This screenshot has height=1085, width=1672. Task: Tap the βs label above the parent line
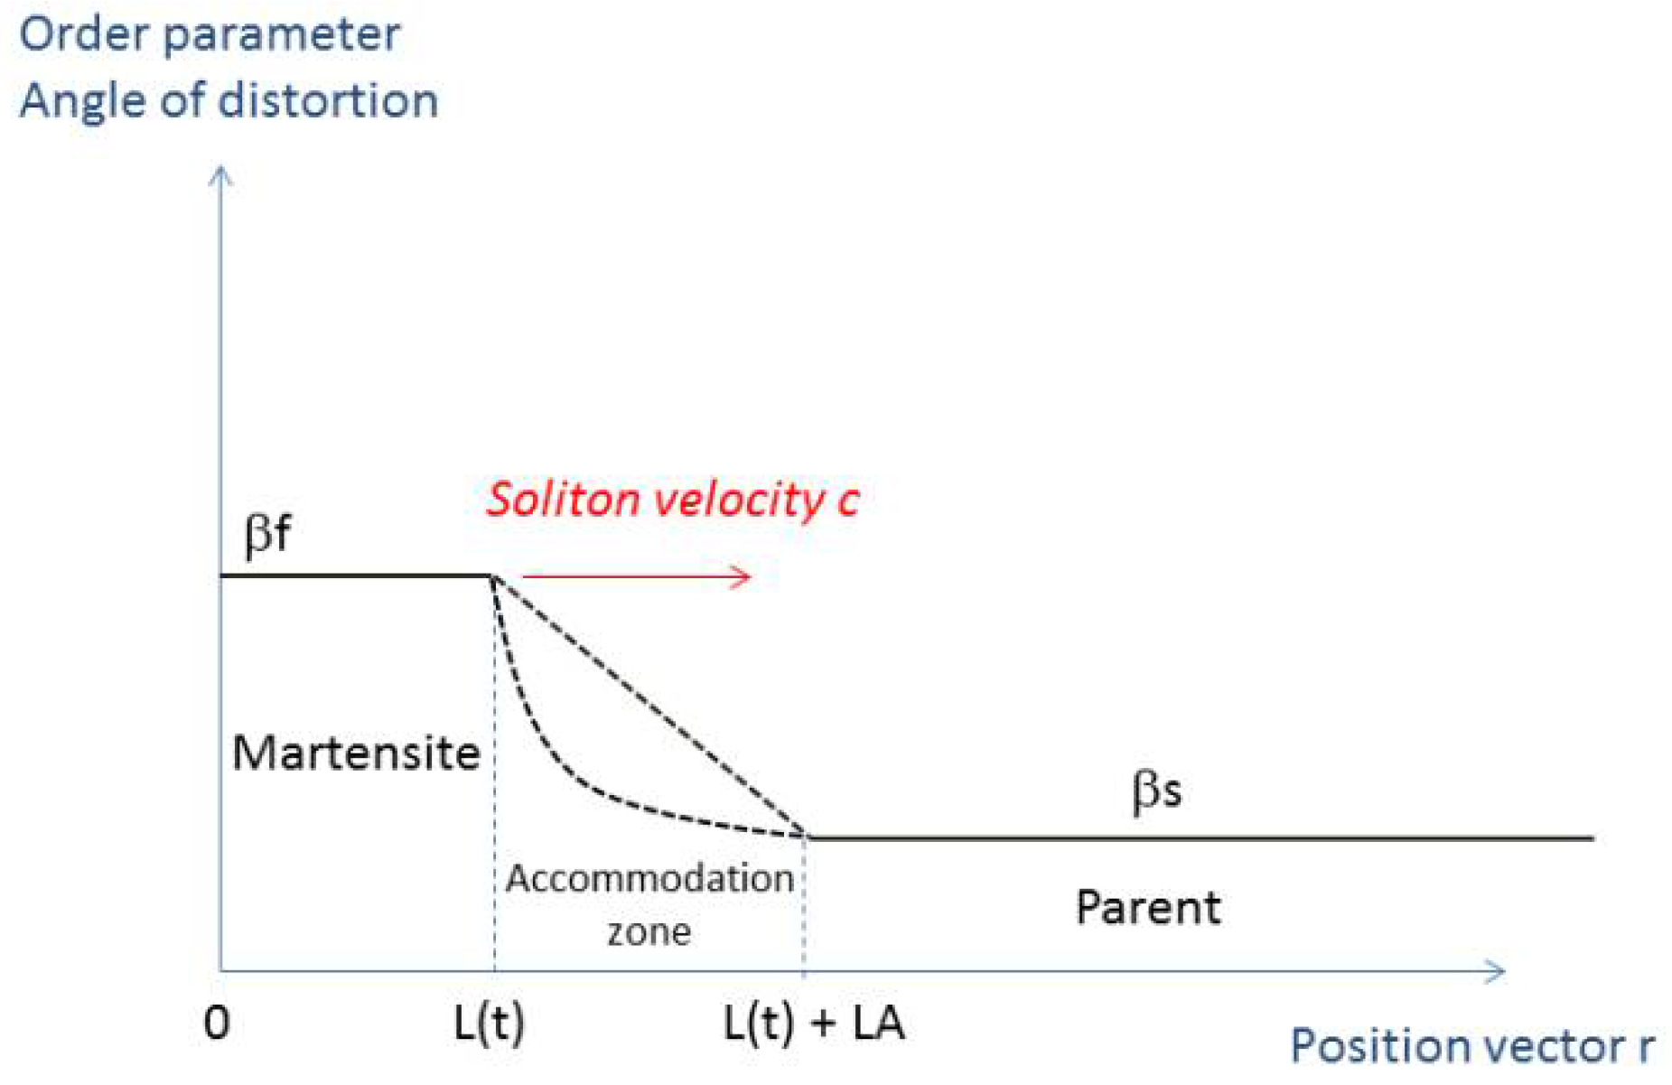1156,791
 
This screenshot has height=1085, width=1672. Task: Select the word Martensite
356,753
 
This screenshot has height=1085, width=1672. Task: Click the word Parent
1148,907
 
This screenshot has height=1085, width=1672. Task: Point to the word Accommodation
649,878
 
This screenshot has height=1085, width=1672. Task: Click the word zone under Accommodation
649,931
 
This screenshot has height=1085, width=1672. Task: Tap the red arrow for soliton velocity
637,576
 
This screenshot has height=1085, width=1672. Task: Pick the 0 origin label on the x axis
217,1024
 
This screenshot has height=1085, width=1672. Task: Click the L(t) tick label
489,1024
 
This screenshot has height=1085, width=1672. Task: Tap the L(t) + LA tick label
814,1024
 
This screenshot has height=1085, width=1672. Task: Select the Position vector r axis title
1472,1046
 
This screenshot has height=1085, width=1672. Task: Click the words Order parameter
210,34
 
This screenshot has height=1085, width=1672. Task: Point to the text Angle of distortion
229,99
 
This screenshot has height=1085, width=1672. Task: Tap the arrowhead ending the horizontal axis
1496,971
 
